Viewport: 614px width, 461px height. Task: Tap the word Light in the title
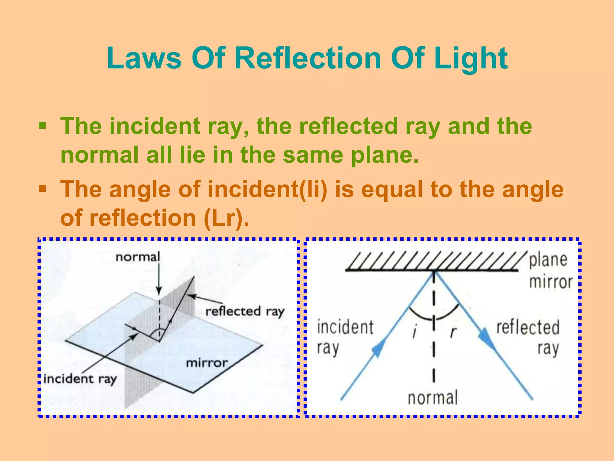point(471,59)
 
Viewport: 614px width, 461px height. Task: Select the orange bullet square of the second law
point(42,189)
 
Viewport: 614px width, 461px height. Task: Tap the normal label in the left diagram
point(138,257)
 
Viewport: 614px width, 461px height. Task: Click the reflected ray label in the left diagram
point(245,311)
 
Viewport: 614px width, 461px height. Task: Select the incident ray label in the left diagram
point(80,379)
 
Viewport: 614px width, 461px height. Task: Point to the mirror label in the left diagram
point(207,363)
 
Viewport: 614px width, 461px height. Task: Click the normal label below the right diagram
point(433,398)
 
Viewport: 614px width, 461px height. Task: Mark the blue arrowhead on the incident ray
point(378,350)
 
